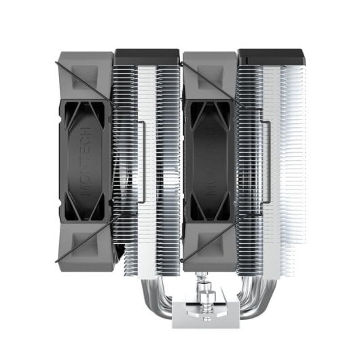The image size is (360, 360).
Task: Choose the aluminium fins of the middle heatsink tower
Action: click(146, 156)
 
